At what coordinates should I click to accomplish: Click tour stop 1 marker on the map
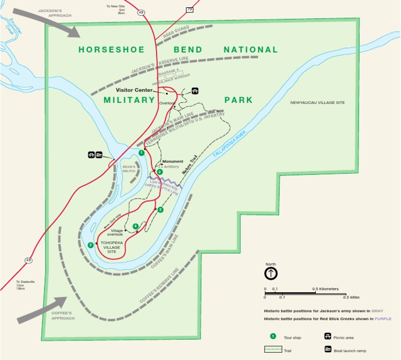[x=141, y=152]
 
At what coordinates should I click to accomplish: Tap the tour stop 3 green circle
[x=91, y=245]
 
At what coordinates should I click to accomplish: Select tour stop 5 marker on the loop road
[x=160, y=210]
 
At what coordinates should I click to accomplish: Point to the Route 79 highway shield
[x=189, y=9]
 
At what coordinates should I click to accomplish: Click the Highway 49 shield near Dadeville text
[x=28, y=260]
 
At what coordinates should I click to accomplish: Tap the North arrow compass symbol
[x=271, y=273]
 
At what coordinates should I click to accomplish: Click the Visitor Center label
[x=134, y=90]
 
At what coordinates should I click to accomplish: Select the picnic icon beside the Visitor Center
[x=195, y=91]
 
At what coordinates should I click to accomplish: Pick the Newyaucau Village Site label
[x=317, y=103]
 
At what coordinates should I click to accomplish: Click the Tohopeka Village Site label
[x=112, y=247]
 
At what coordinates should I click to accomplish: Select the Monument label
[x=173, y=161]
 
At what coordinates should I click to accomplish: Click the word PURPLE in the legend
[x=382, y=318]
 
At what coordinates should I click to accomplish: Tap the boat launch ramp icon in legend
[x=328, y=350]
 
